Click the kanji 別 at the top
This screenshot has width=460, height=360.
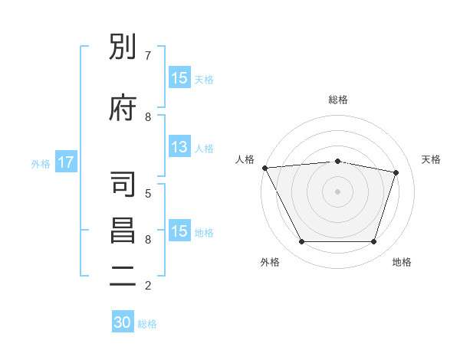123,46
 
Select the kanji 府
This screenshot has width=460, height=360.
123,107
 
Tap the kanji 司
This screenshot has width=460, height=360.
123,184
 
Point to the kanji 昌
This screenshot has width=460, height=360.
123,231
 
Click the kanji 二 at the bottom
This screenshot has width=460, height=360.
123,277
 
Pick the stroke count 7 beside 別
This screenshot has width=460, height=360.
148,56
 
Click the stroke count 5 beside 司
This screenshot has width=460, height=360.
148,194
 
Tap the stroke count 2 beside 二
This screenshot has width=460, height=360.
148,286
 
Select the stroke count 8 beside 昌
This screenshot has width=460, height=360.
148,240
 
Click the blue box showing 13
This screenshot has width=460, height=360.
179,146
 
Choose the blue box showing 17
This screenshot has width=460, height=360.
66,162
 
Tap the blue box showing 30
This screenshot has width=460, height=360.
123,321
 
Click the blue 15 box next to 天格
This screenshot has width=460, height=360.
179,77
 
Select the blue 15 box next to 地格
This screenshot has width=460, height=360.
179,230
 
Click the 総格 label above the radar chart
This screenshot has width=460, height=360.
338,100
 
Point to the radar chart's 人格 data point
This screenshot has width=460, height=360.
265,168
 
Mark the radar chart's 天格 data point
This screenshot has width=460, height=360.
396,172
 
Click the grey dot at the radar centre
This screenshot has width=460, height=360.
337,191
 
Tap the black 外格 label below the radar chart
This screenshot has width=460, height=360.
270,262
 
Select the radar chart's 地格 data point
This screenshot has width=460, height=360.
373,241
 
